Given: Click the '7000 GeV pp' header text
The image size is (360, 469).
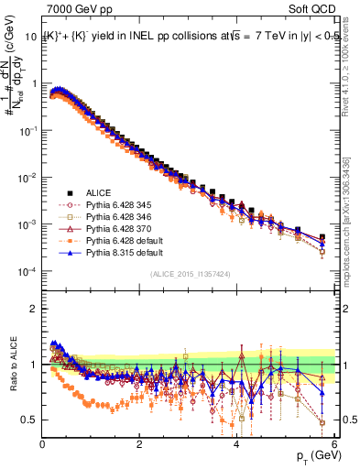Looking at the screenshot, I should [x=80, y=10].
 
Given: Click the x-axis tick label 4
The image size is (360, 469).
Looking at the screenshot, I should [x=236, y=444].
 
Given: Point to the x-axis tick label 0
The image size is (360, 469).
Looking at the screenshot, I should [x=42, y=444].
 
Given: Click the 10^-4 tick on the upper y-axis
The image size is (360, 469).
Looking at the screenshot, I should [x=28, y=272].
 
